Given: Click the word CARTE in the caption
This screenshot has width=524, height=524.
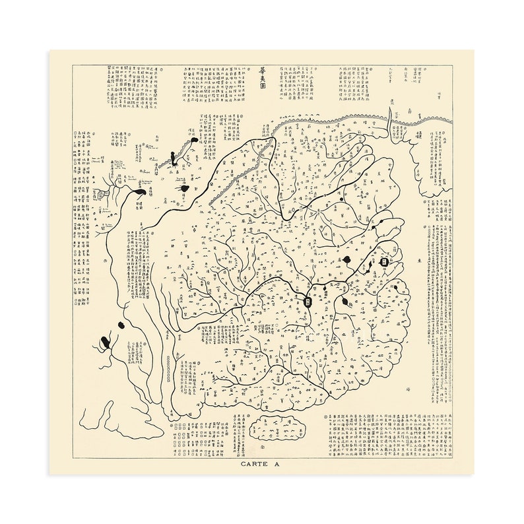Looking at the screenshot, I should point(255,465).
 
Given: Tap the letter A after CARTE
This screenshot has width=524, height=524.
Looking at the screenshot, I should point(277,465).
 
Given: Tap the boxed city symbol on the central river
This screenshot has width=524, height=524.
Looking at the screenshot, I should point(308,302).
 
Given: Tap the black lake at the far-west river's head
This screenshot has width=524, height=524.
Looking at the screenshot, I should point(140,192).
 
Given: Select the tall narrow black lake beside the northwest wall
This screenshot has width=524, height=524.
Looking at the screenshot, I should point(173,158).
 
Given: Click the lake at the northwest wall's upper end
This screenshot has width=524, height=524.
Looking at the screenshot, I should point(191,141).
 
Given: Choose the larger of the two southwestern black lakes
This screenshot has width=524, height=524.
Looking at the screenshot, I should point(106,343).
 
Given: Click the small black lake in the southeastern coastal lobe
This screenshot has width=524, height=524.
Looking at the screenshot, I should point(396,287).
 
